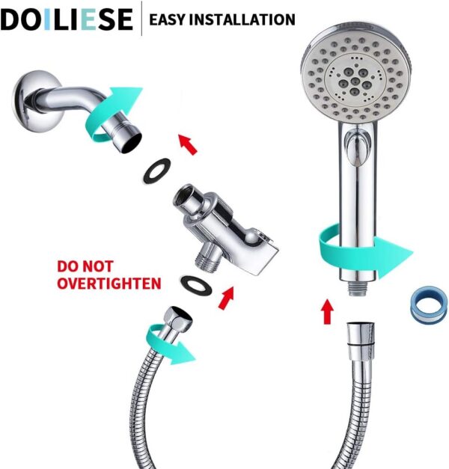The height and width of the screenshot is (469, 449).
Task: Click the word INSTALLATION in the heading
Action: click(248, 19)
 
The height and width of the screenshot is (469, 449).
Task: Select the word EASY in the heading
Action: click(172, 19)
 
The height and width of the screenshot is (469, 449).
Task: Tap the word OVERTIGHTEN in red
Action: click(109, 283)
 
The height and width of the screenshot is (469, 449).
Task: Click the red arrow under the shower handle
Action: click(326, 311)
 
